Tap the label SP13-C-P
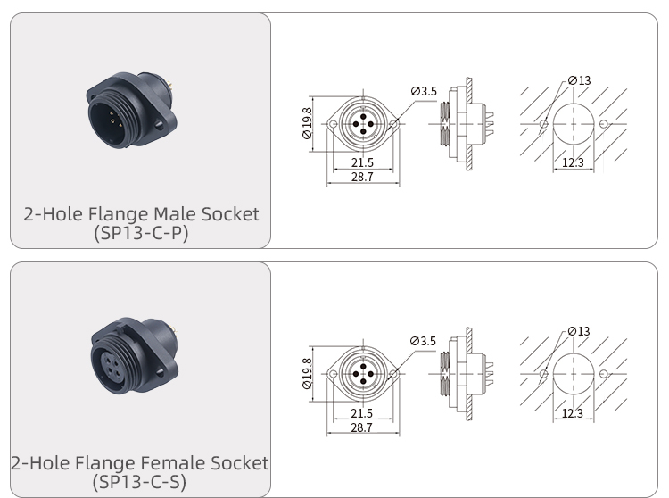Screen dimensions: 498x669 click(x=140, y=233)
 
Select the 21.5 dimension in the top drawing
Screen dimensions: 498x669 click(x=362, y=163)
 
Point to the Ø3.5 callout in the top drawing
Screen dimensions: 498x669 click(x=424, y=91)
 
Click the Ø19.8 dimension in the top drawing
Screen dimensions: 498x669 click(x=307, y=124)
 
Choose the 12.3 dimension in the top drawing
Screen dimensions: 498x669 click(x=573, y=162)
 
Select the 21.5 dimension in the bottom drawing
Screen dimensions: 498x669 click(x=362, y=413)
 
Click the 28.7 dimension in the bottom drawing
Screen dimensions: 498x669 click(x=362, y=428)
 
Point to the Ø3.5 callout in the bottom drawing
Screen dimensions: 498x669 click(x=424, y=341)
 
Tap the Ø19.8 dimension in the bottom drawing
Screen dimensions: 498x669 click(x=307, y=374)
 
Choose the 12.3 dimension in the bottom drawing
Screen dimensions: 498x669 click(x=573, y=412)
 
